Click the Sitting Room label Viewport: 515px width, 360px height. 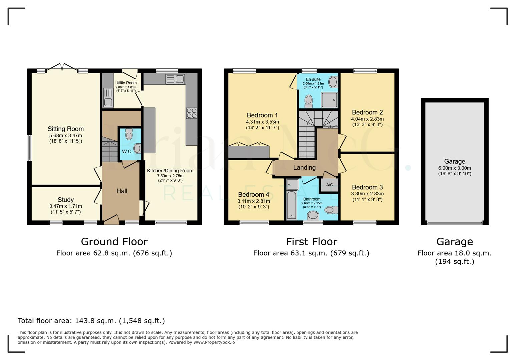tap(66, 129)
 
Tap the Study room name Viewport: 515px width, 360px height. tap(66, 200)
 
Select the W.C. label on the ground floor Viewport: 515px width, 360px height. tap(127, 151)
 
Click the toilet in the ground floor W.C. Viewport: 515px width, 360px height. tap(129, 134)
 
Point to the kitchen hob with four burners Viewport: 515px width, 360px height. tap(192, 113)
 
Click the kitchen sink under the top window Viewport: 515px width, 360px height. tap(175, 79)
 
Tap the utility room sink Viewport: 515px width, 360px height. tap(108, 97)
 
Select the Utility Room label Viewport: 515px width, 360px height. tap(126, 83)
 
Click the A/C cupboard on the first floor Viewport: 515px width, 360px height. tap(329, 185)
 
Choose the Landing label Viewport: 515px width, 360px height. tap(304, 168)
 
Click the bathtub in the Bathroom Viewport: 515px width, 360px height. tap(292, 205)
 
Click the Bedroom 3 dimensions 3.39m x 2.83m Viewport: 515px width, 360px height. tap(367, 194)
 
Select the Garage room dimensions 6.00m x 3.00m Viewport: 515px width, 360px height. tap(454, 168)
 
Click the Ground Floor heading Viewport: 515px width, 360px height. tap(114, 242)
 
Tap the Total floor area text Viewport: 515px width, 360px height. tap(91, 321)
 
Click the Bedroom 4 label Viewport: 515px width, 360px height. tap(253, 195)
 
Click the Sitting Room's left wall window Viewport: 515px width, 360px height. tap(30, 148)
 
